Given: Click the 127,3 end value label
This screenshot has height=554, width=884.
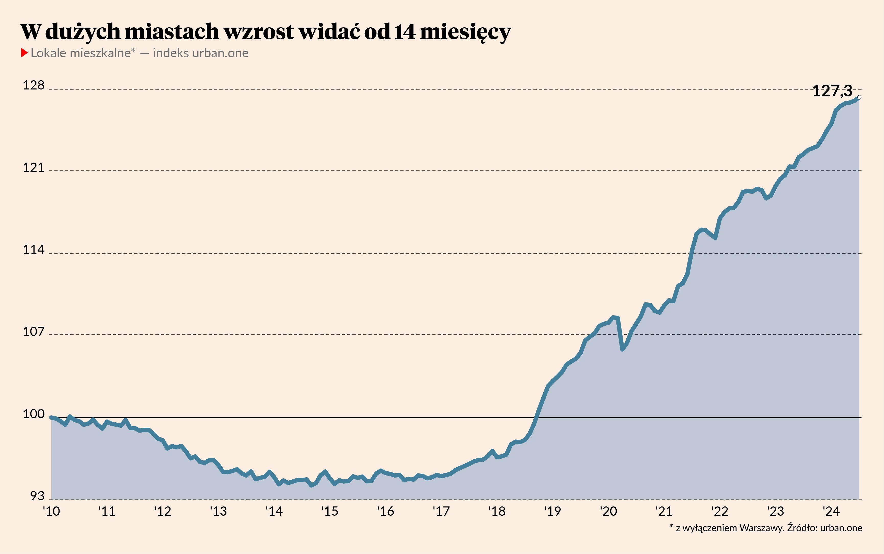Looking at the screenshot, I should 832,91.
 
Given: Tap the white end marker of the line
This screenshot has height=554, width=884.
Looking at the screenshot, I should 859,97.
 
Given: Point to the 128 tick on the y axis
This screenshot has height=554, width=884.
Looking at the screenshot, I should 33,85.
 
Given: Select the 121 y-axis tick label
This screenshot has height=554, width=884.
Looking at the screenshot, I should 33,168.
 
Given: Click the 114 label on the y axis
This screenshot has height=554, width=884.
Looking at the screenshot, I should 33,250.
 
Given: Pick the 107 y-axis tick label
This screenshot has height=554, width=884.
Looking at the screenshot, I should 33,332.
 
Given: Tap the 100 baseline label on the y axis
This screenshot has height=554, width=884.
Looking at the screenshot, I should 33,414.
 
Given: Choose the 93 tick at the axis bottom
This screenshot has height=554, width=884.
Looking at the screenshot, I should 37,496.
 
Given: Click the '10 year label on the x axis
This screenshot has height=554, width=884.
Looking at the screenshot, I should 51,511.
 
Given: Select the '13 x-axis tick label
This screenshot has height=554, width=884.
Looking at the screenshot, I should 218,511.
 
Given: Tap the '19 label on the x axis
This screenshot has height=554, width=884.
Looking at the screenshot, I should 552,511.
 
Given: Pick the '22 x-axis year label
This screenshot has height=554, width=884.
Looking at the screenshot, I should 720,511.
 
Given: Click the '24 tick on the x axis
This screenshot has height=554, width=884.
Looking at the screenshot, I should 831,511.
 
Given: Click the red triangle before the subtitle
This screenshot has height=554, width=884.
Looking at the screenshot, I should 24,53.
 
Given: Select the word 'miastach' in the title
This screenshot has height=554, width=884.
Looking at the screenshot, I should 171,32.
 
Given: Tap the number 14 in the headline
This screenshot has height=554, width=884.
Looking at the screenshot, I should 405,32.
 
